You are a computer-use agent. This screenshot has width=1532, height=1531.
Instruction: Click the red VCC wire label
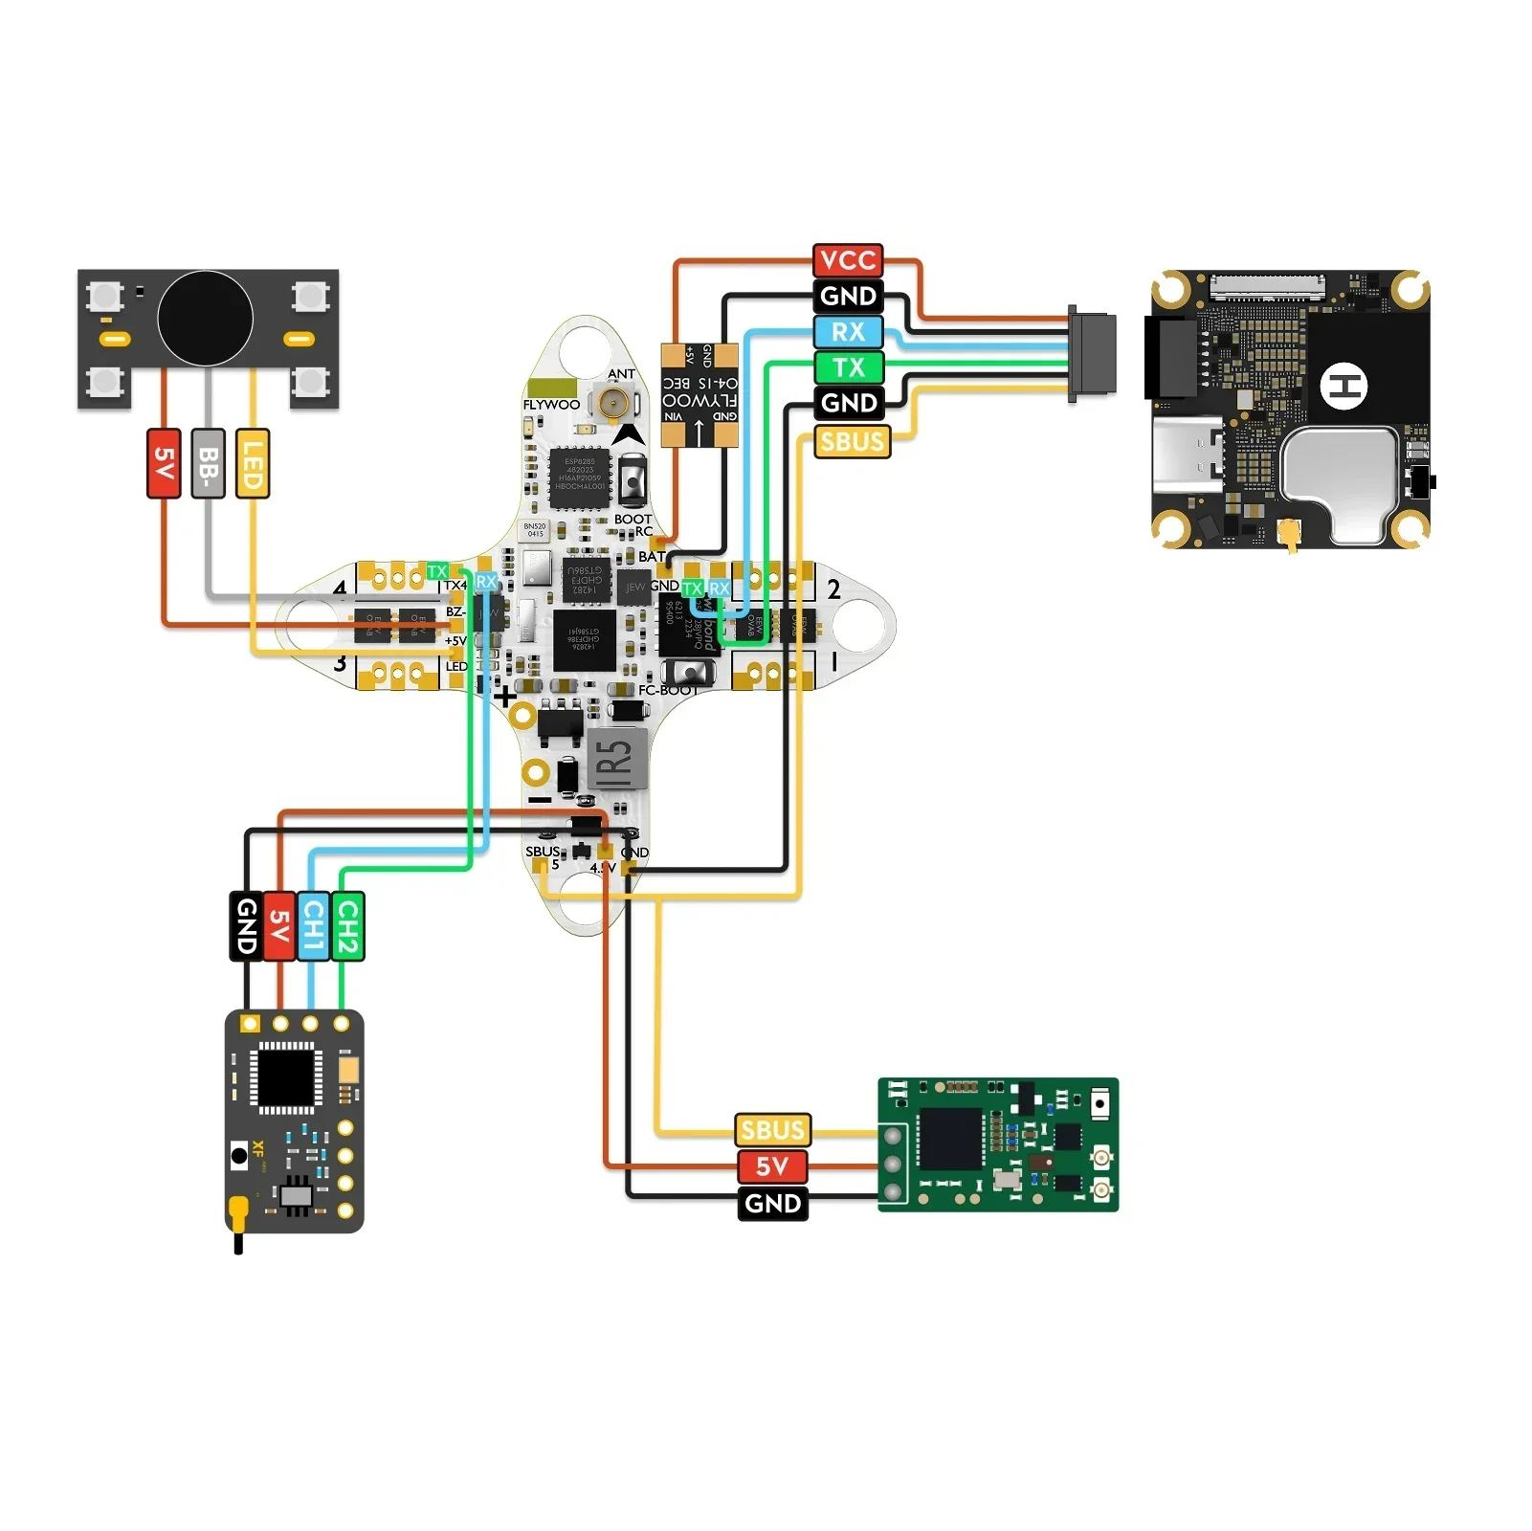click(848, 259)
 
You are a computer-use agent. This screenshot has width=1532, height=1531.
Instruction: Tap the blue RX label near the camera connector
click(848, 331)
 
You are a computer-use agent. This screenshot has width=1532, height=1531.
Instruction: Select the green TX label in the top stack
click(848, 367)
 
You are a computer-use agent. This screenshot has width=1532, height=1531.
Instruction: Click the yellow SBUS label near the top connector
click(852, 441)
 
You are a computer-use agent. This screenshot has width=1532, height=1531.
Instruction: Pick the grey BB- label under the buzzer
click(208, 463)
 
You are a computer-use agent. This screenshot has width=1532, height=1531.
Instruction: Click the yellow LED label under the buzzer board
click(252, 463)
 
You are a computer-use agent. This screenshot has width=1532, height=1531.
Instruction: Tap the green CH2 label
click(346, 925)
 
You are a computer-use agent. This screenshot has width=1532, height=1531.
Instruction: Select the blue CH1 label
click(313, 925)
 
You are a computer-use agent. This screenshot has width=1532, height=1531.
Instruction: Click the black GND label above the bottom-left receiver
click(246, 925)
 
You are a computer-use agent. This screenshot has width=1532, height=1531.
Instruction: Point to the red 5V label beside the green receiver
click(772, 1166)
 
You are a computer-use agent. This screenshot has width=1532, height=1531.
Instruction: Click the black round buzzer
click(206, 319)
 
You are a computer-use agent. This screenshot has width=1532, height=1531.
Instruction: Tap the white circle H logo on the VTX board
click(1343, 387)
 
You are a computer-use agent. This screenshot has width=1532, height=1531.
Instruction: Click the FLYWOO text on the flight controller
click(551, 405)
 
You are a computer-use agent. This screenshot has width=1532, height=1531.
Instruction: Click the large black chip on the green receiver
click(949, 1138)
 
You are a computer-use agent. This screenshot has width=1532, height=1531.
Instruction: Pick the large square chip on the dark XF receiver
click(286, 1077)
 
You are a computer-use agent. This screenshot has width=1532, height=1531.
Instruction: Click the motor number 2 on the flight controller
click(833, 589)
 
